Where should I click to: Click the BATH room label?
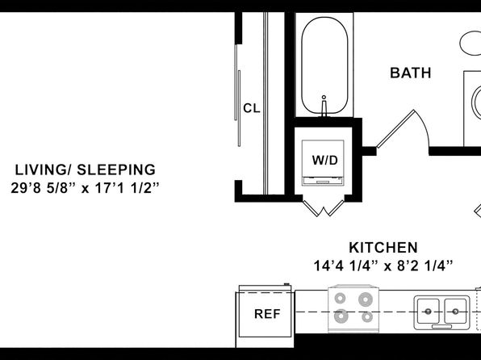(x=411, y=73)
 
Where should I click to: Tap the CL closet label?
(x=252, y=108)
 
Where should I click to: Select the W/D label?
(x=325, y=160)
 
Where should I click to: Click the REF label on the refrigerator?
(x=267, y=314)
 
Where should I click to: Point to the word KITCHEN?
(x=383, y=248)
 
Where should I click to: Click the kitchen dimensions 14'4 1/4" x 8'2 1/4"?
(x=383, y=266)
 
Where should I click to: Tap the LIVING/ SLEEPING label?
(x=86, y=170)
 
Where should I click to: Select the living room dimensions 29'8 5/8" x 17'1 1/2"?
(x=86, y=188)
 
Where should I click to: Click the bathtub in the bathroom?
(x=324, y=65)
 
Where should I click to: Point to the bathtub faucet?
(x=324, y=106)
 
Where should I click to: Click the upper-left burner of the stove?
(x=340, y=298)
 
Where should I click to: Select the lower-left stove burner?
(x=341, y=316)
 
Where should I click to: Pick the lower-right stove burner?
(x=367, y=316)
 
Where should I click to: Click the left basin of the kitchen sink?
(x=428, y=312)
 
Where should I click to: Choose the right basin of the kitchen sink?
(x=455, y=312)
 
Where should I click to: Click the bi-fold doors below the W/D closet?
(x=324, y=207)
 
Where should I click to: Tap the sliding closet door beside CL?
(x=237, y=95)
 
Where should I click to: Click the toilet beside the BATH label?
(x=471, y=44)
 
